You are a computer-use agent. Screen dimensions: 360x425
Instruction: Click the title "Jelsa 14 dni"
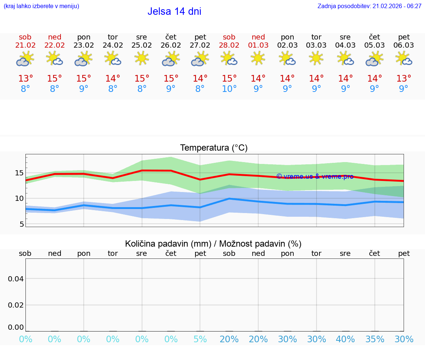pyautogui.click(x=174, y=11)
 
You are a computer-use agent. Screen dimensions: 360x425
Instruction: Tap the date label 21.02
pyautogui.click(x=25, y=45)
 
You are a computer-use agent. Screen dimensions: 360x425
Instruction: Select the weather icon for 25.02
pyautogui.click(x=142, y=58)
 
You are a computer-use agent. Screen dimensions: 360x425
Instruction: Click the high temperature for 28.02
pyautogui.click(x=229, y=79)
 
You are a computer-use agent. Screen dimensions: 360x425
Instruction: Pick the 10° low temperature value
pyautogui.click(x=229, y=89)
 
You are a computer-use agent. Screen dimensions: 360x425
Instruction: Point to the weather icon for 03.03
pyautogui.click(x=316, y=58)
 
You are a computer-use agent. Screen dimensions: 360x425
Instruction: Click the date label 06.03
pyautogui.click(x=404, y=45)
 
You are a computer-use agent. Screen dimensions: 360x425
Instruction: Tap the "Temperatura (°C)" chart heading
pyautogui.click(x=214, y=148)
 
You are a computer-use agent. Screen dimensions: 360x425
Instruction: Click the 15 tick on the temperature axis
pyautogui.click(x=19, y=173)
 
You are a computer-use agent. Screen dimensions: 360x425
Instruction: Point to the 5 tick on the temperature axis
pyautogui.click(x=21, y=224)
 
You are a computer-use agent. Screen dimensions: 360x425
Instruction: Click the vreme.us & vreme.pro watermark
pyautogui.click(x=315, y=176)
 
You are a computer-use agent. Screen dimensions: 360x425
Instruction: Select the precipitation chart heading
pyautogui.click(x=213, y=244)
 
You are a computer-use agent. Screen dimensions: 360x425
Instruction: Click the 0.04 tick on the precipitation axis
pyautogui.click(x=16, y=279)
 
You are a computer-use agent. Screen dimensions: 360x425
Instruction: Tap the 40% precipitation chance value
pyautogui.click(x=345, y=339)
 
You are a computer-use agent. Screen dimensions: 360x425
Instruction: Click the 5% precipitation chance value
pyautogui.click(x=200, y=339)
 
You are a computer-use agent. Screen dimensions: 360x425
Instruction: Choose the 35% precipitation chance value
pyautogui.click(x=375, y=339)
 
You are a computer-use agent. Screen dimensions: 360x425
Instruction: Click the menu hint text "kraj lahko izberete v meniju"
pyautogui.click(x=41, y=6)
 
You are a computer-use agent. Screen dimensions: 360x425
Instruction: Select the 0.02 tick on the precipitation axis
pyautogui.click(x=16, y=305)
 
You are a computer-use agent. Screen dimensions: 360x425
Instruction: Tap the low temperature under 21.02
pyautogui.click(x=25, y=89)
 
